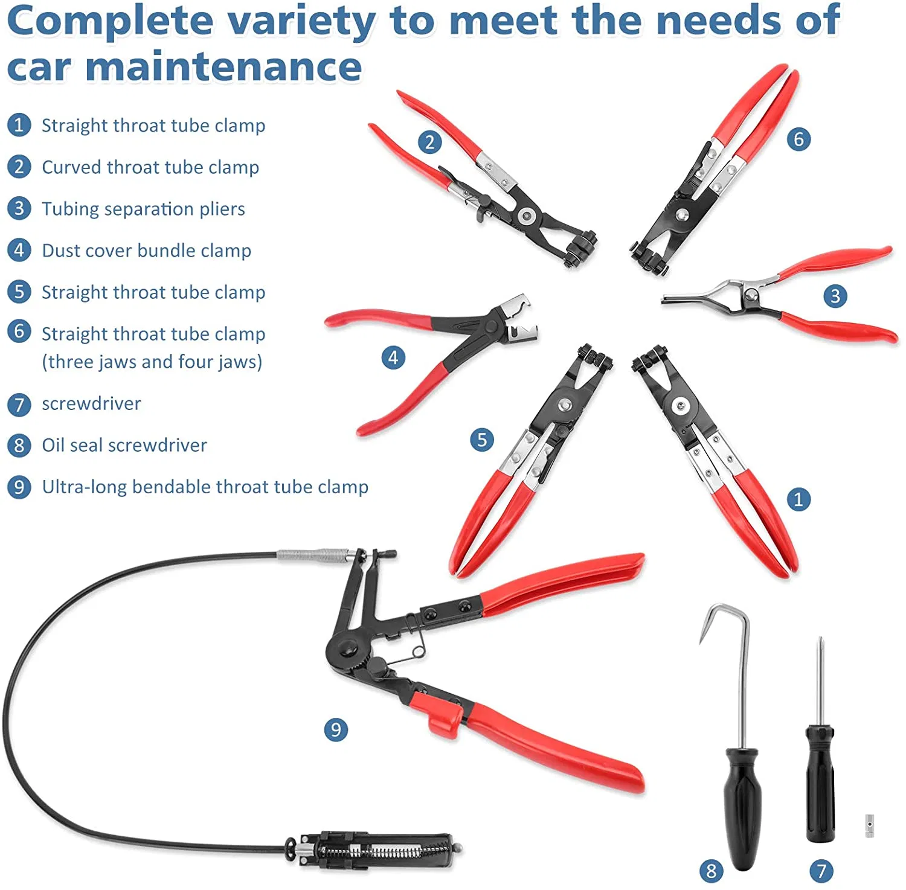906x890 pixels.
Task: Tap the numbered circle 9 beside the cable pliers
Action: point(336,729)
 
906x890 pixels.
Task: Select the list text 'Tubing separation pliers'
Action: point(143,209)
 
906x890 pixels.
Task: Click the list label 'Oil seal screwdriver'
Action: point(124,446)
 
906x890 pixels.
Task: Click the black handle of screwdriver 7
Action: point(820,785)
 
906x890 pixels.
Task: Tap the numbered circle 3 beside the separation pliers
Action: point(835,296)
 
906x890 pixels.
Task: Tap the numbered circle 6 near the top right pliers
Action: point(798,139)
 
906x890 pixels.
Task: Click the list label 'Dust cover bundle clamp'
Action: point(146,251)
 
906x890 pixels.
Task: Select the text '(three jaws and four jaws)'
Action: point(152,362)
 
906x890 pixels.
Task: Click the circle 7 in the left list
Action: point(19,405)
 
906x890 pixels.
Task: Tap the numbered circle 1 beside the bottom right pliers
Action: point(798,499)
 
